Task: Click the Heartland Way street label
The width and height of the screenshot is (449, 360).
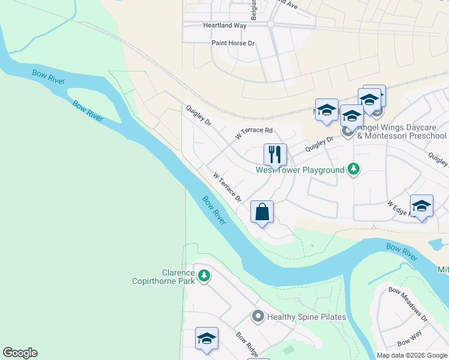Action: click(225, 26)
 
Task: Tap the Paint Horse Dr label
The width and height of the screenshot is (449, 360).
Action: click(234, 43)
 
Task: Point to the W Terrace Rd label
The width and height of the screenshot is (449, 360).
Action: click(254, 133)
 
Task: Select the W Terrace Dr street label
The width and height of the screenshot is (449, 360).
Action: click(227, 186)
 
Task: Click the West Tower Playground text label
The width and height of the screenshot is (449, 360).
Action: click(300, 170)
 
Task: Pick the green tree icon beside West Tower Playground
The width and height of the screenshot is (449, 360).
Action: click(354, 170)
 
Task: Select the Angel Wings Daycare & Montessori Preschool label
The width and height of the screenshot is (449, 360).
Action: click(402, 131)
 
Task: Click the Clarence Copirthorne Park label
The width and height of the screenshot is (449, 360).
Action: click(163, 277)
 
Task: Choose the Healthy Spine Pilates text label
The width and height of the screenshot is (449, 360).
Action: click(306, 317)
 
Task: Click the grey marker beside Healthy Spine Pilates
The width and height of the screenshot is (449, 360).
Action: click(258, 316)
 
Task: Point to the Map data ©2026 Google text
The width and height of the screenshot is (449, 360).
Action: click(412, 355)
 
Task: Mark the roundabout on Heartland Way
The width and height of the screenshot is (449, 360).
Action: click(270, 24)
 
